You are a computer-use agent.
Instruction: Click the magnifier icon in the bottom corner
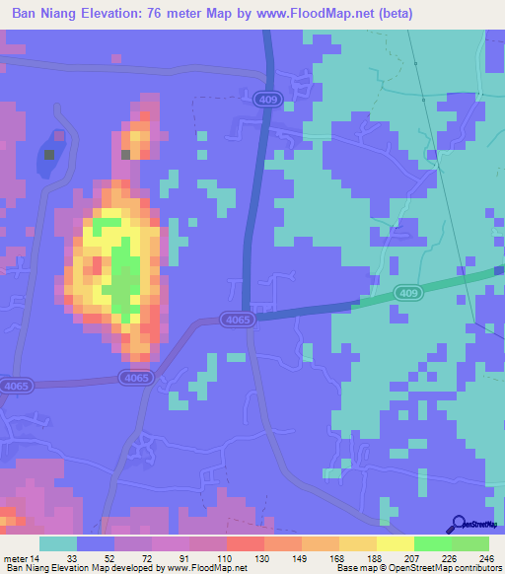459,523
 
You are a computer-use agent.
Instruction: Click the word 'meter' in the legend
14,557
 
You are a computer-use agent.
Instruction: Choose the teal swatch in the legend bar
58,543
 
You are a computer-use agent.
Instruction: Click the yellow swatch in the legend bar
395,543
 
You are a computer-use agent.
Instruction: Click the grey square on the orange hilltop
125,155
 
